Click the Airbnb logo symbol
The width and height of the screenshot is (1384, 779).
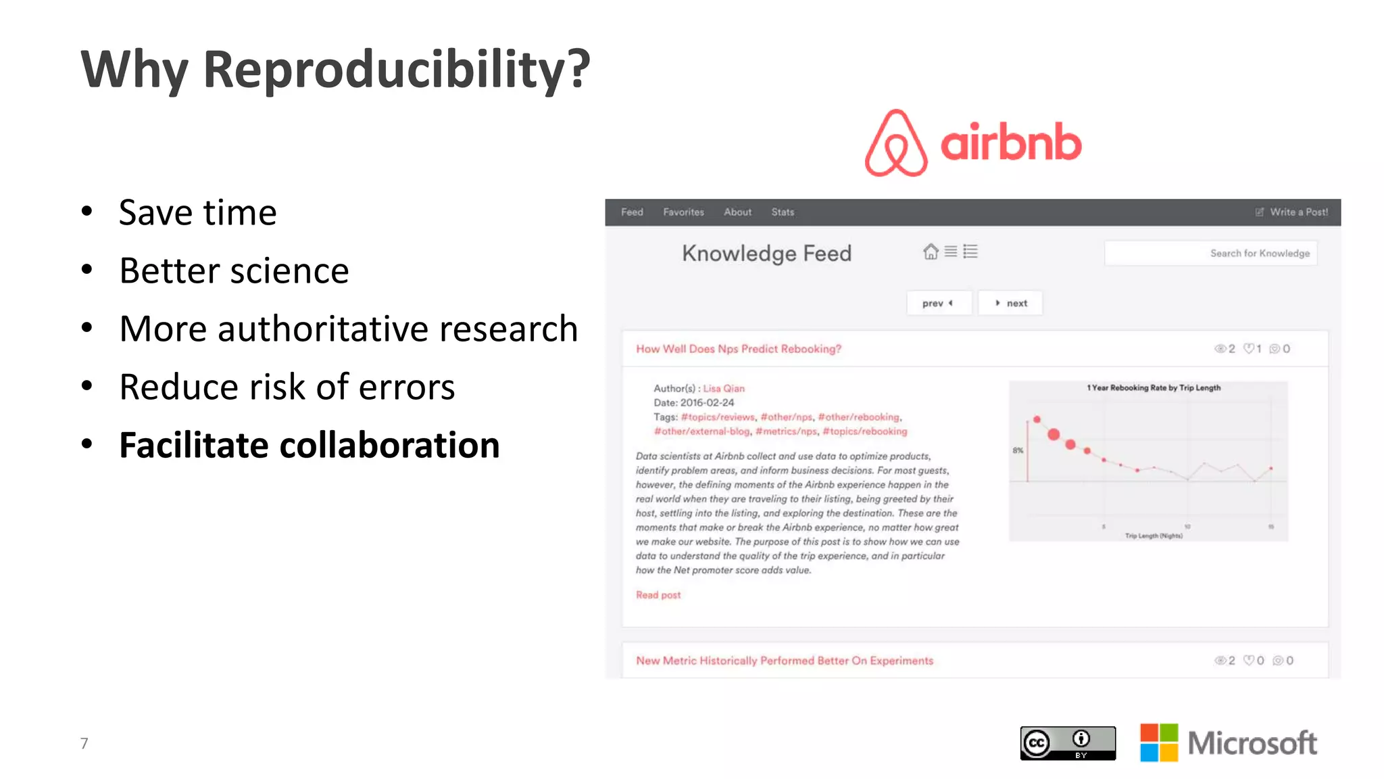pos(895,143)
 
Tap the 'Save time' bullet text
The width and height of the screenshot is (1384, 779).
pos(197,212)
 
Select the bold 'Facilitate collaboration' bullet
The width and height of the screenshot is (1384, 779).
pos(309,445)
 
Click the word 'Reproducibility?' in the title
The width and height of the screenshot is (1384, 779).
pos(397,69)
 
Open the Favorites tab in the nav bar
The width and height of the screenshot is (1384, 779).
pos(683,212)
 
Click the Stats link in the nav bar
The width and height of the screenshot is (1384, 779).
pos(783,212)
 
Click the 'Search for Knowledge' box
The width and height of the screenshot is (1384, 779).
pos(1210,254)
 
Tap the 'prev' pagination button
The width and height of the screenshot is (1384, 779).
pos(938,304)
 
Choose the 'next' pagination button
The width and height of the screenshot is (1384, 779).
pos(1011,304)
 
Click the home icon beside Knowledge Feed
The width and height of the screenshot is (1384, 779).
pos(931,252)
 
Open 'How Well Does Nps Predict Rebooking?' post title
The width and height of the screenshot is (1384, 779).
pos(738,349)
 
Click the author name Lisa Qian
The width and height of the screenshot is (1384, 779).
pos(724,389)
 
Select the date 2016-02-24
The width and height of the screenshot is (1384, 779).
pos(706,403)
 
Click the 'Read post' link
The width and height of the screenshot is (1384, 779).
pos(658,595)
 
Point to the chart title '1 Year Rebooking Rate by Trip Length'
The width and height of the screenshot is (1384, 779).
pos(1153,388)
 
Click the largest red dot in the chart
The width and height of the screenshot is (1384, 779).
pos(1054,434)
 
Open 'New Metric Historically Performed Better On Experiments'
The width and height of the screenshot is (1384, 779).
pos(784,661)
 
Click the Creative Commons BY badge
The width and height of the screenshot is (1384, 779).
pos(1068,743)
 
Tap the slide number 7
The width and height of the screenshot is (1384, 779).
pos(84,743)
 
